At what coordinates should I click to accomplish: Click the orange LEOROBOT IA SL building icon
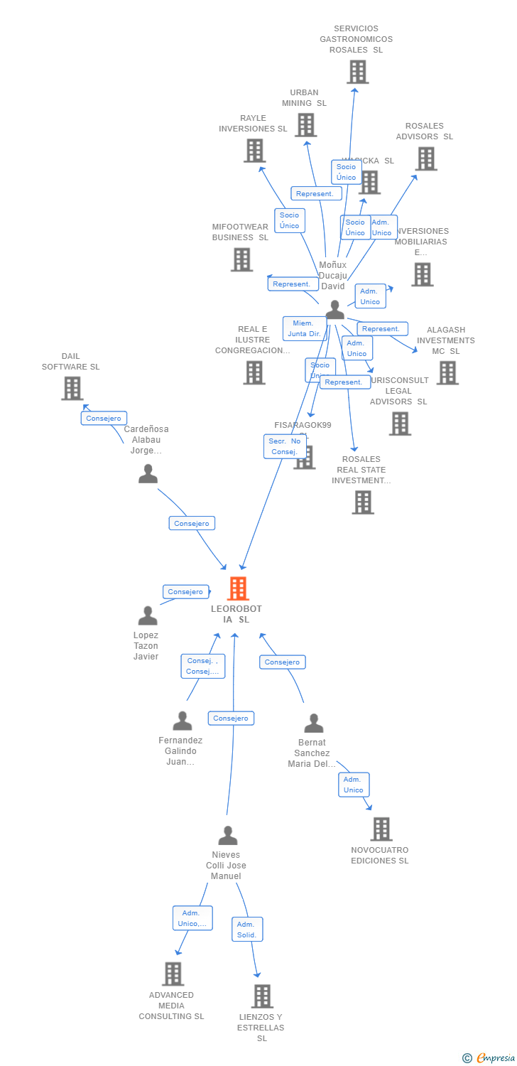(x=238, y=588)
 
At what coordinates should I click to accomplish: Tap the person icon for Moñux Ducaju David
(x=334, y=310)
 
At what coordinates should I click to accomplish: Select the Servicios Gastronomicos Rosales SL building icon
(x=357, y=72)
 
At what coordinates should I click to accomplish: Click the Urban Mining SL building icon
(x=305, y=125)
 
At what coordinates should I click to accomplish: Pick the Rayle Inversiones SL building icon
(x=254, y=151)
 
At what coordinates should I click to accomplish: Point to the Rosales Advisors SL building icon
(x=425, y=158)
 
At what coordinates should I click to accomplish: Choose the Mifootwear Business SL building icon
(x=241, y=259)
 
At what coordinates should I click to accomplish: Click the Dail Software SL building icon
(x=72, y=388)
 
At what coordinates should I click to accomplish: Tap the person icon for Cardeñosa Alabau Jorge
(x=148, y=473)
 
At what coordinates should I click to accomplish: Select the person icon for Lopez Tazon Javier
(x=148, y=615)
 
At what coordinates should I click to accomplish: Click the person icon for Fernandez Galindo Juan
(x=183, y=721)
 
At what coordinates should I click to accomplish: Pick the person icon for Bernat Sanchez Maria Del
(x=313, y=723)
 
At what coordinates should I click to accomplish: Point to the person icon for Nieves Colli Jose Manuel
(x=227, y=835)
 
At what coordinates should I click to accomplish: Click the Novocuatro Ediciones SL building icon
(x=381, y=829)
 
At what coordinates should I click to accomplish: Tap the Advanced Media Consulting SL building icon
(x=173, y=974)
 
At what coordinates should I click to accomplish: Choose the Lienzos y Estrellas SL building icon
(x=262, y=996)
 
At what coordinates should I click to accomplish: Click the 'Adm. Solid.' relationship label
(x=247, y=929)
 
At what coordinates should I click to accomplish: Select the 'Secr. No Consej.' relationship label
(x=285, y=446)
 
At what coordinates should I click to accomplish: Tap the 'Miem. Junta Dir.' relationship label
(x=305, y=328)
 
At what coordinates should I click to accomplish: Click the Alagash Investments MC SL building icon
(x=447, y=372)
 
